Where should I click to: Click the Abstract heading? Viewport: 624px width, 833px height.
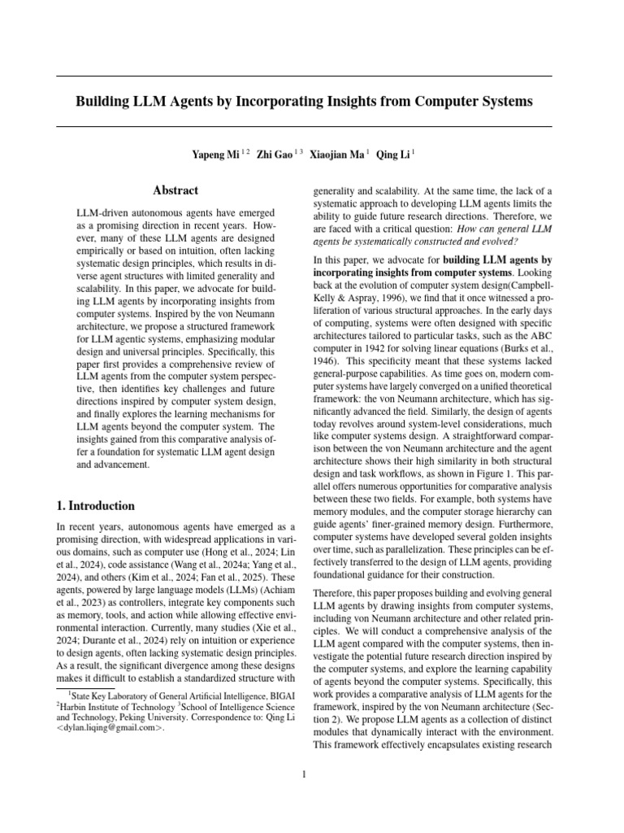[x=175, y=190]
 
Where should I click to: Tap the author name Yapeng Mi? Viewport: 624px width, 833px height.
[x=214, y=154]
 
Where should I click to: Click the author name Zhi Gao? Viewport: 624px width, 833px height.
[x=275, y=154]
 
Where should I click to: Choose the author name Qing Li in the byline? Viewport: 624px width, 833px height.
[x=392, y=154]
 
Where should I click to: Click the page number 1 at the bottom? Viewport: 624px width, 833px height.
[x=304, y=774]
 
